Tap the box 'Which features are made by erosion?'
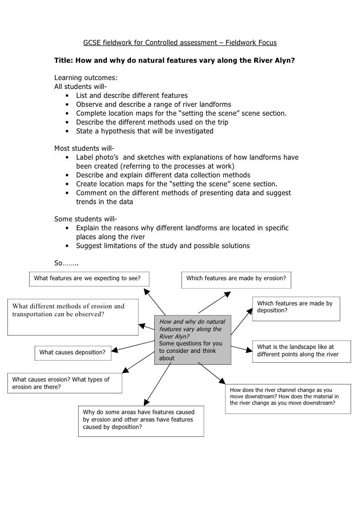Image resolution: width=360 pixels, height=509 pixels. [x=236, y=279]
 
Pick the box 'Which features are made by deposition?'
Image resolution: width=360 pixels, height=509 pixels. [x=296, y=307]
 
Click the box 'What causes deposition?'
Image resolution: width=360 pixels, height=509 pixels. [x=72, y=352]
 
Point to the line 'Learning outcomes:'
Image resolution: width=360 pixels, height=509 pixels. [x=86, y=78]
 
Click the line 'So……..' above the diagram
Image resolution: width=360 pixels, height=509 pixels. [x=66, y=263]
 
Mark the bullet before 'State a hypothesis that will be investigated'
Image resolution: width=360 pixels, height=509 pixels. [x=66, y=131]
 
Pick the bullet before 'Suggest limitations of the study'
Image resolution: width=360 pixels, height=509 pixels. [x=66, y=246]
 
